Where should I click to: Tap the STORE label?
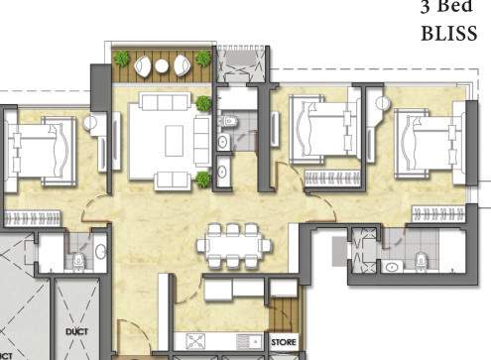point(283,342)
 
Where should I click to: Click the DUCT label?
point(76,331)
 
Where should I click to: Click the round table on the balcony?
point(162,65)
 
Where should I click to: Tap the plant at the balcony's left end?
point(122,60)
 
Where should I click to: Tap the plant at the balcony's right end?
point(201,60)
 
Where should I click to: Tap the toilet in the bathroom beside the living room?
point(228,121)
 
